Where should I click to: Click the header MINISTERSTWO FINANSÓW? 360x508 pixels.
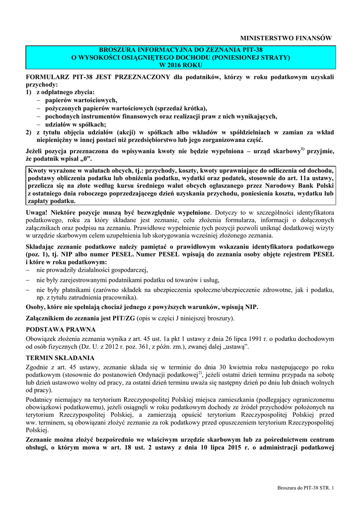[x=285, y=38]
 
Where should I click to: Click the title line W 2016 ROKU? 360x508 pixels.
[x=181, y=64]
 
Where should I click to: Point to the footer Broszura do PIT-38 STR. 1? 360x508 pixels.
[x=306, y=490]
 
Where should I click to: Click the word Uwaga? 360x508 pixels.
[x=38, y=212]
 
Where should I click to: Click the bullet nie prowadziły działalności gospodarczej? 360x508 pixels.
[x=92, y=269]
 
